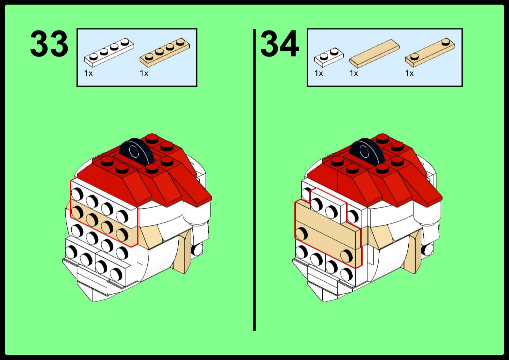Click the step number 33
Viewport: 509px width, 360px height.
49,44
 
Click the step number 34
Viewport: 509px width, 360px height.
280,44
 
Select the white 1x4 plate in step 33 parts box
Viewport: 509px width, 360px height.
109,52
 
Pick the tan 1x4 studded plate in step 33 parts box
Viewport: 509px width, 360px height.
165,52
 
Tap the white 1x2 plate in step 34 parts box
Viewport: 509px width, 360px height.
329,57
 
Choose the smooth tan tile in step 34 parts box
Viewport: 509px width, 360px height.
374,52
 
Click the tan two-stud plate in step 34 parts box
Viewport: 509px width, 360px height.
430,52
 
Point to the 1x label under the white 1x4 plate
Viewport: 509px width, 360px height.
88,73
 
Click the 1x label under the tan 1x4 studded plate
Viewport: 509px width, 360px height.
144,73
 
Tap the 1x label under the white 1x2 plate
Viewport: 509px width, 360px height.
319,73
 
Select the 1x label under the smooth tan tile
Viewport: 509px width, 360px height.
354,73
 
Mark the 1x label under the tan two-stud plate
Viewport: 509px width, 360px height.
409,73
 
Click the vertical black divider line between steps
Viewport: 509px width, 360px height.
254,180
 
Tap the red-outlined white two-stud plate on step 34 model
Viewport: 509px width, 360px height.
329,206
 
